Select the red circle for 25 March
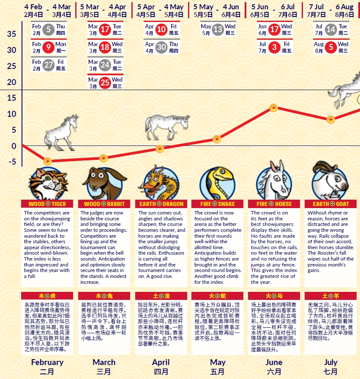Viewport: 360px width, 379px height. point(105,82)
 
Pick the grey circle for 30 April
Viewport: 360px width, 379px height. point(161,47)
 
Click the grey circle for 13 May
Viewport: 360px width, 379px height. point(218,29)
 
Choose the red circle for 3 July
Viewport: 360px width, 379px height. point(275,47)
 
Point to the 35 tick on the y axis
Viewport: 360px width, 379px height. point(12,34)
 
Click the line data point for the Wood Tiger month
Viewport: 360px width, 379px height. point(48,161)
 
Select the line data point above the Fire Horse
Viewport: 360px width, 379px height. point(274,108)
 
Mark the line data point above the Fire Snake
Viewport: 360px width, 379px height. point(217,139)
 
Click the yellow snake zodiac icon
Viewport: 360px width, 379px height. point(218,183)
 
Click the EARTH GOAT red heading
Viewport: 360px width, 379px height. point(331,204)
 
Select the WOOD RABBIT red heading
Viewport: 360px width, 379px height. point(104,204)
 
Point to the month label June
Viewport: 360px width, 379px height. point(274,363)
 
